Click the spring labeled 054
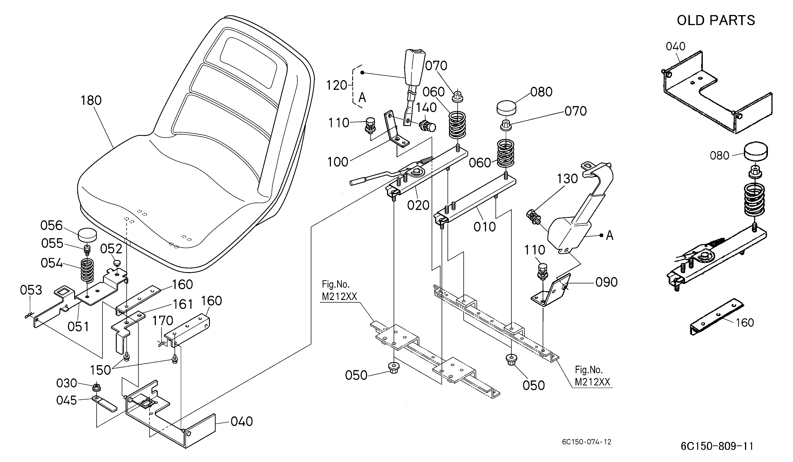tap(87, 270)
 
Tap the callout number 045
tap(67, 400)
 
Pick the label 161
tap(183, 304)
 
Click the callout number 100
tap(338, 162)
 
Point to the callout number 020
tap(418, 205)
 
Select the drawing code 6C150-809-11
tap(717, 446)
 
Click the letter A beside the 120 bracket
tap(362, 98)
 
